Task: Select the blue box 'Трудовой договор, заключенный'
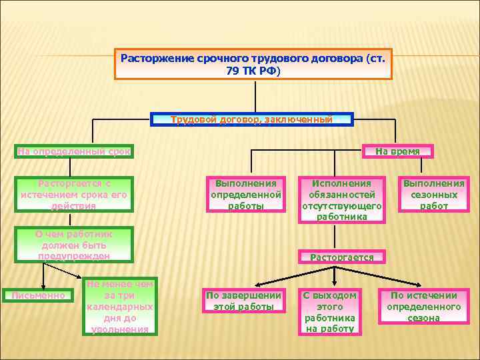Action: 251,119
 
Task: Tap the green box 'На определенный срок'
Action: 74,151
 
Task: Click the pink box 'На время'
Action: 397,151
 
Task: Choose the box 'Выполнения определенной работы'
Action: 245,195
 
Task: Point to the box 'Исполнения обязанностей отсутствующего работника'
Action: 342,199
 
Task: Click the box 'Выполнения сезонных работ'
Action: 434,195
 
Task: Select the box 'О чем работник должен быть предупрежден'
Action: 74,245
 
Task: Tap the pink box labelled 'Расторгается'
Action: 342,257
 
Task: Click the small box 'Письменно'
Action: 38,295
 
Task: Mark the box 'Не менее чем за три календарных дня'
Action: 120,306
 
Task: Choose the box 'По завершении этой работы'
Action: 243,301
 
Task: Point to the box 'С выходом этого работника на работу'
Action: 330,311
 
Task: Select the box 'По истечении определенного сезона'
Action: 424,306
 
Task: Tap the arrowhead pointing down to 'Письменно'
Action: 43,285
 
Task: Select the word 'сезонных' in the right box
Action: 434,195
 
